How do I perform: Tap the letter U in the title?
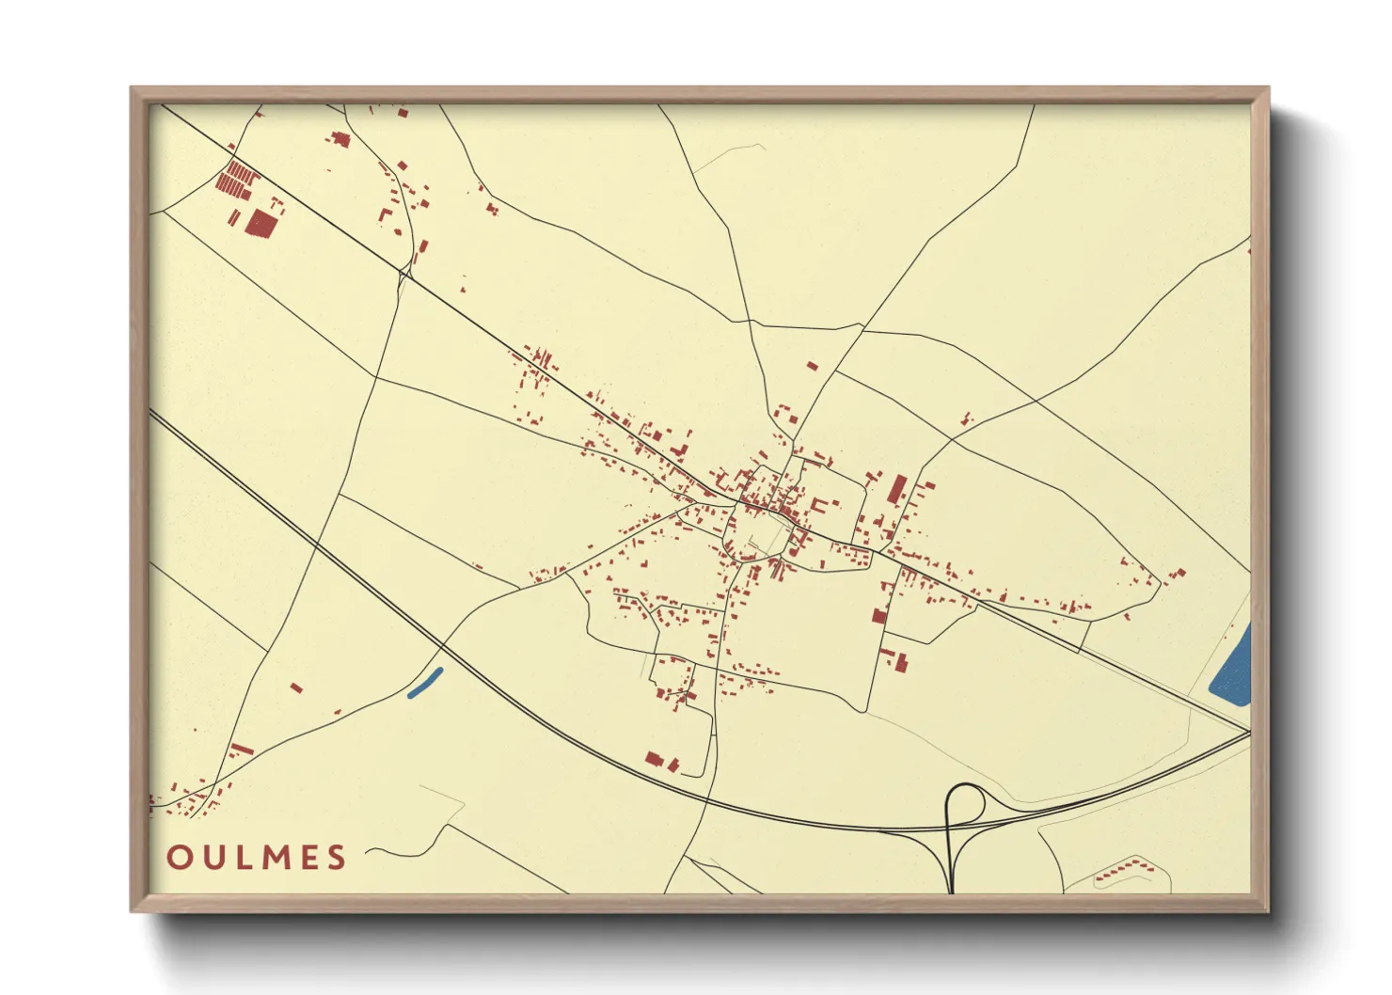(x=215, y=858)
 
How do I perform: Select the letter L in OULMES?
(x=245, y=858)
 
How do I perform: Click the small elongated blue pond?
(x=425, y=683)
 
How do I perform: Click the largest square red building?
(x=261, y=222)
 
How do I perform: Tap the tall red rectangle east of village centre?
(x=898, y=490)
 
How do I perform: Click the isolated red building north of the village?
(x=813, y=366)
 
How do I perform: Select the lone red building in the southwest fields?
(x=296, y=687)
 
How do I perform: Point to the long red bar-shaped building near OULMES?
(x=242, y=750)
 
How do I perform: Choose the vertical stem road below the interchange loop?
(x=951, y=865)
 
